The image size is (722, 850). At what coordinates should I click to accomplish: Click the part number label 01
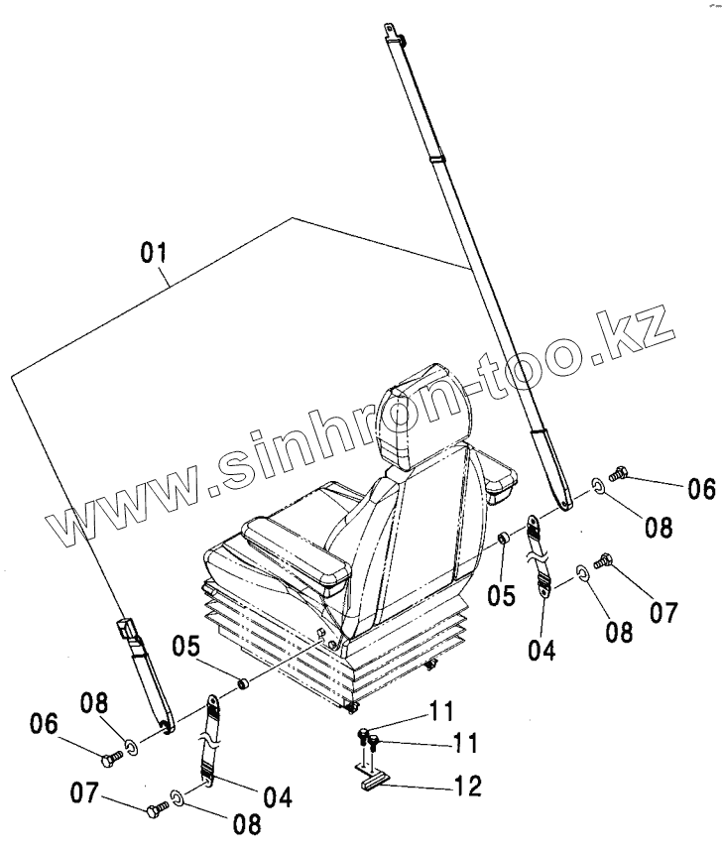152,254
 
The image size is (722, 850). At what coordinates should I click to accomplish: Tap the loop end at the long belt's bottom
565,500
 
